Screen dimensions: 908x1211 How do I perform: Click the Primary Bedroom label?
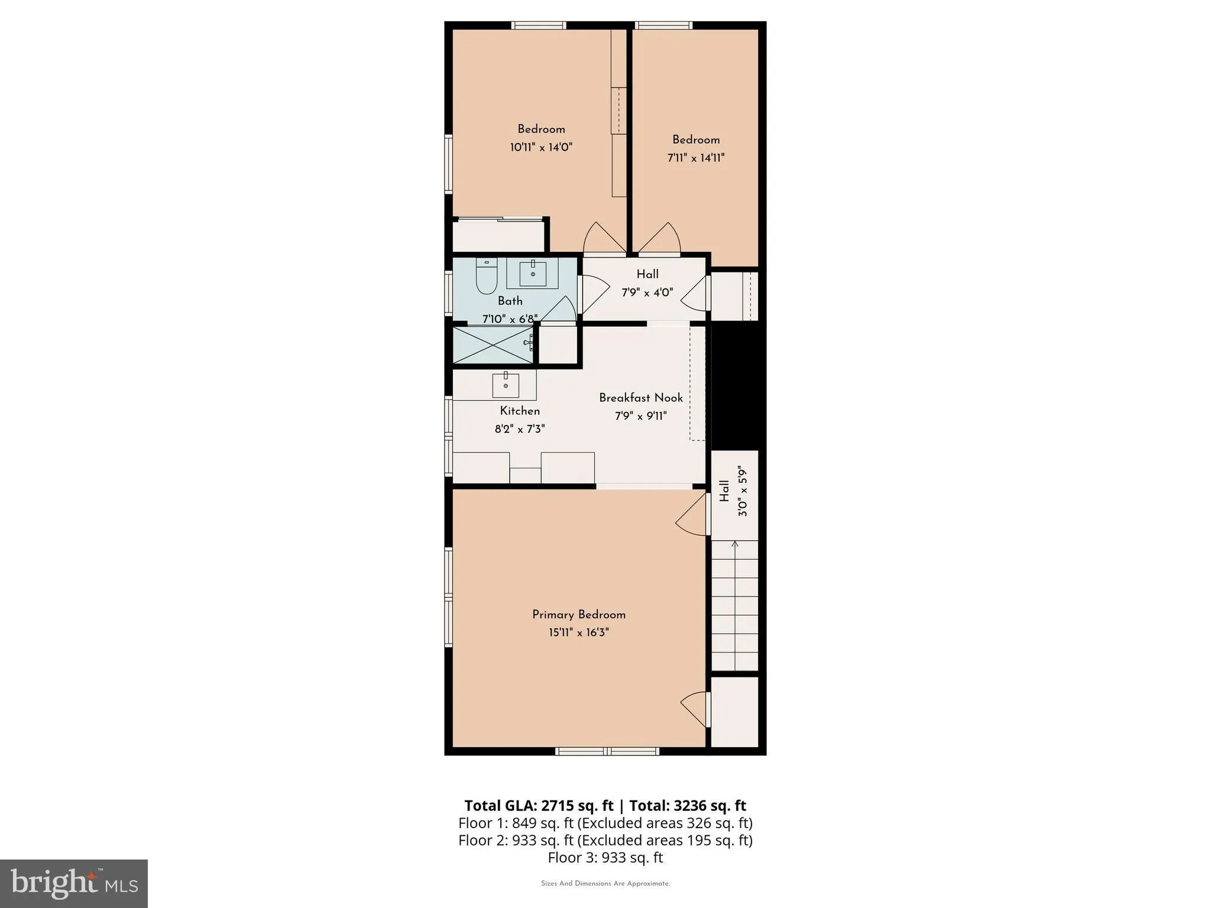coord(578,614)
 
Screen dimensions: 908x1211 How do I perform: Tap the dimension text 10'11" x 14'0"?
coord(541,147)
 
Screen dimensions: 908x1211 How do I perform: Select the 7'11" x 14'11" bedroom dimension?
coord(695,158)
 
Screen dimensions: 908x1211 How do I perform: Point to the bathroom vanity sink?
coord(533,273)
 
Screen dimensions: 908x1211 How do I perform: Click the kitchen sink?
coord(506,385)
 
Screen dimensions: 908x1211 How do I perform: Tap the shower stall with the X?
coord(492,345)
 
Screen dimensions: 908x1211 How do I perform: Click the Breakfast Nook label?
coord(640,398)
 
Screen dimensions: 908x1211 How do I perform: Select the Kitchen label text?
coord(520,411)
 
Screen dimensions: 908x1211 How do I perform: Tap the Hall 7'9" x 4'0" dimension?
coord(647,293)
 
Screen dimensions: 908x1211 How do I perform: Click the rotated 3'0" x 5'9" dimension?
coord(743,491)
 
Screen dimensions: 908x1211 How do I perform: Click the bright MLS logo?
coord(73,883)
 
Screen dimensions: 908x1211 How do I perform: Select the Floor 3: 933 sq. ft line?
coord(605,857)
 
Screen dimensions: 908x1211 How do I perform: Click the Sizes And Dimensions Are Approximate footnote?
coord(605,884)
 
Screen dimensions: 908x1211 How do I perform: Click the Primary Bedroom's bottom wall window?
coord(607,751)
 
